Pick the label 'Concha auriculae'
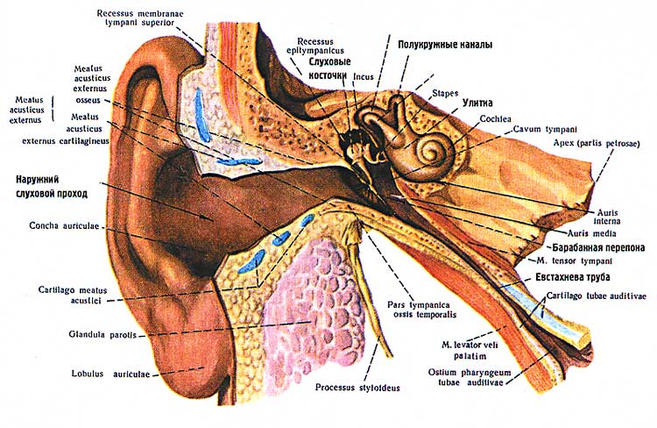[64, 227]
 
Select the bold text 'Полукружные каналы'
[445, 45]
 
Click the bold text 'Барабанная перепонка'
[585, 247]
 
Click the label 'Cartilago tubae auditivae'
[596, 296]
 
